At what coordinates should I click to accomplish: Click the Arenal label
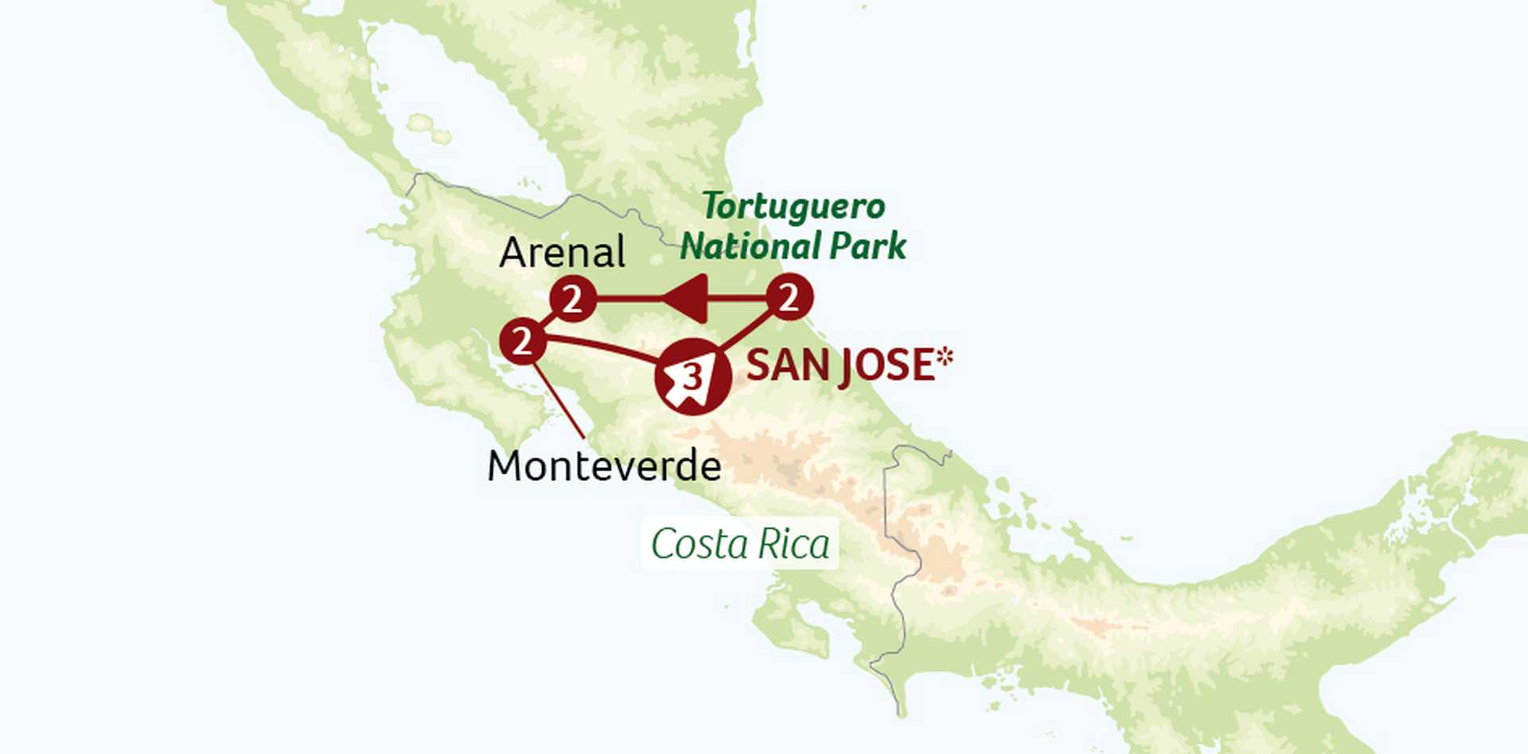pyautogui.click(x=562, y=253)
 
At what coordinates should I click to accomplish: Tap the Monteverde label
pyautogui.click(x=604, y=467)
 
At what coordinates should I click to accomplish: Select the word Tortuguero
pyautogui.click(x=793, y=208)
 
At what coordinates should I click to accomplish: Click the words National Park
pyautogui.click(x=793, y=246)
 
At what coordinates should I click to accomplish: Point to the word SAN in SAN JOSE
pyautogui.click(x=781, y=365)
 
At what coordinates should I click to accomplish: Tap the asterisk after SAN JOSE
pyautogui.click(x=944, y=357)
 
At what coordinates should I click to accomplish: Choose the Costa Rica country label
pyautogui.click(x=740, y=545)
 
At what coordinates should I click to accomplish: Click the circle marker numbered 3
pyautogui.click(x=692, y=376)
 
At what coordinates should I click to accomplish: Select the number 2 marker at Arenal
pyautogui.click(x=573, y=299)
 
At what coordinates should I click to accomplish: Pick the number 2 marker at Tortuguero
pyautogui.click(x=789, y=298)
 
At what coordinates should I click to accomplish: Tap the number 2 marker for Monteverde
pyautogui.click(x=522, y=342)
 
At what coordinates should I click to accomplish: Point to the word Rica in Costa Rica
pyautogui.click(x=793, y=545)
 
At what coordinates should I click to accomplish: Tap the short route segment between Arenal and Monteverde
pyautogui.click(x=548, y=321)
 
